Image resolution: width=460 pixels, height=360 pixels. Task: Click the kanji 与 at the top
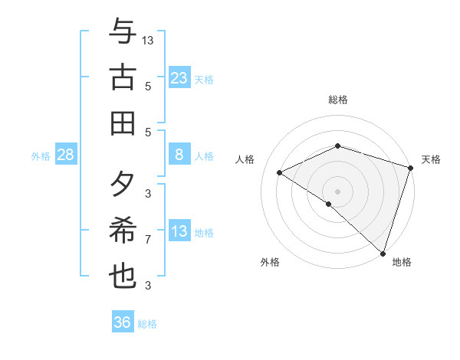pyautogui.click(x=122, y=32)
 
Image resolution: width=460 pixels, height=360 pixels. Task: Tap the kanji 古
pyautogui.click(x=122, y=77)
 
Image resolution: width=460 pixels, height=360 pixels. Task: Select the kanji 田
pyautogui.click(x=122, y=122)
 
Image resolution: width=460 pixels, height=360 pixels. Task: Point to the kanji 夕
pyautogui.click(x=122, y=185)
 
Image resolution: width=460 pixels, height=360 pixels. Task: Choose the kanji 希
pyautogui.click(x=122, y=231)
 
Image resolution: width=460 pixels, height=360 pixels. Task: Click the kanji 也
pyautogui.click(x=122, y=276)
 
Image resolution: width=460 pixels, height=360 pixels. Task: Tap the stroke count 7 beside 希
pyautogui.click(x=148, y=240)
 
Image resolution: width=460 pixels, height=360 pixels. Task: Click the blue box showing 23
pyautogui.click(x=179, y=77)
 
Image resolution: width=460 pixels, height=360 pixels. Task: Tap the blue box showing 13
pyautogui.click(x=179, y=231)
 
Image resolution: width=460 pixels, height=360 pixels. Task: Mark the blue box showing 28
pyautogui.click(x=66, y=155)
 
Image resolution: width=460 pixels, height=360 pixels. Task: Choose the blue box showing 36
pyautogui.click(x=122, y=322)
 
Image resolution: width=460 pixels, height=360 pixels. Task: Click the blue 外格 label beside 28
pyautogui.click(x=41, y=156)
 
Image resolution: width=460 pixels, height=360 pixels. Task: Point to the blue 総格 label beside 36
pyautogui.click(x=147, y=324)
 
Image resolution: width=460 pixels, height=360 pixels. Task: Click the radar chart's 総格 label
pyautogui.click(x=338, y=100)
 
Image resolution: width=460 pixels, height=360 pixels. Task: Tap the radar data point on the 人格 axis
pyautogui.click(x=280, y=172)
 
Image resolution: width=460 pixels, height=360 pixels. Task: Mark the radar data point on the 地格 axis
pyautogui.click(x=382, y=252)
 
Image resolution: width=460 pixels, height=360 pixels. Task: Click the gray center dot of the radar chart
pyautogui.click(x=338, y=191)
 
